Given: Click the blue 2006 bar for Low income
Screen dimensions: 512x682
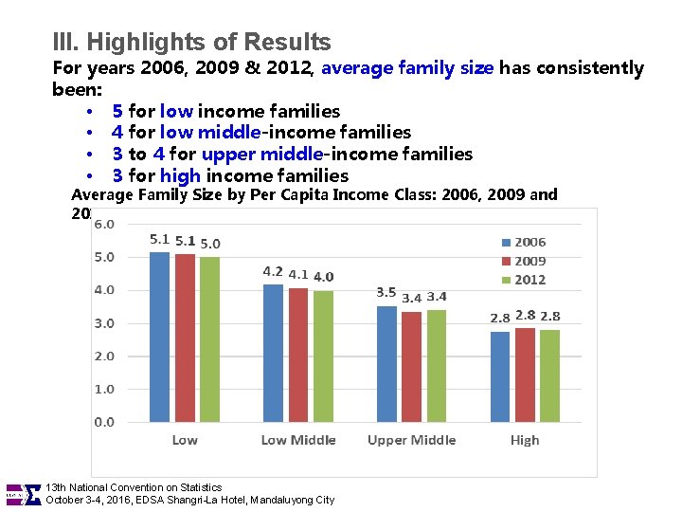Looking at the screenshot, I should pyautogui.click(x=159, y=337).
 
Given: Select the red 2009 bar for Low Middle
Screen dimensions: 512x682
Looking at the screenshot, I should pyautogui.click(x=298, y=355).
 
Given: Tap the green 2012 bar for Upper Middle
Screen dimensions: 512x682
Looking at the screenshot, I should pyautogui.click(x=436, y=366).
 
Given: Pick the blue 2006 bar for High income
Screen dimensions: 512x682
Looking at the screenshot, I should pyautogui.click(x=499, y=376).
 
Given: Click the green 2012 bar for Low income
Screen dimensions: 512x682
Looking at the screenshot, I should pyautogui.click(x=210, y=339).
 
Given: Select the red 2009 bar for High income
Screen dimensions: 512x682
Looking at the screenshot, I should pyautogui.click(x=525, y=375).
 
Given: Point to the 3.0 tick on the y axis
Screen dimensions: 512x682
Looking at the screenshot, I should pyautogui.click(x=103, y=323).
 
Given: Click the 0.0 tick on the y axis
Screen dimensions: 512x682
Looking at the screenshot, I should pyautogui.click(x=103, y=422).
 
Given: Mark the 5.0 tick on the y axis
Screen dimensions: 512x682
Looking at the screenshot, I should pyautogui.click(x=103, y=257).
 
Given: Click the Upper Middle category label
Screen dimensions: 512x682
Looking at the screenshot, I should pyautogui.click(x=411, y=440).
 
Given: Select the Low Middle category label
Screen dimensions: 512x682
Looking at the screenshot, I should pyautogui.click(x=298, y=440).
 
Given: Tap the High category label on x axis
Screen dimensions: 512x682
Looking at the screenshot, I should pyautogui.click(x=525, y=440).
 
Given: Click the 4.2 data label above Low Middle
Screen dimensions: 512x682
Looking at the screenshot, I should pyautogui.click(x=273, y=272).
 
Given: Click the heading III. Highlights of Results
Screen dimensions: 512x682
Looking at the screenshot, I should pyautogui.click(x=192, y=43).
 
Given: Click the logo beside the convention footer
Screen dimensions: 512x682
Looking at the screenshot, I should pyautogui.click(x=23, y=494).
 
